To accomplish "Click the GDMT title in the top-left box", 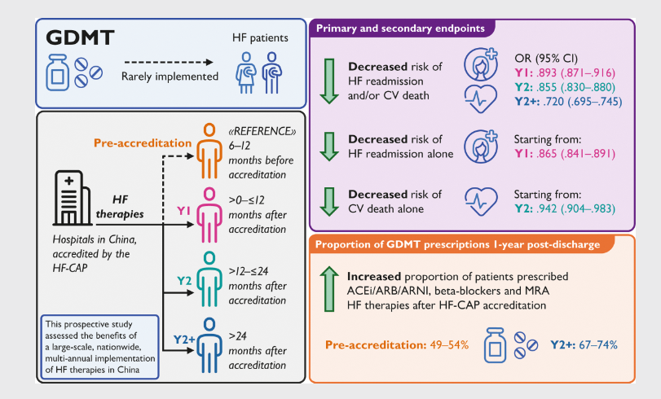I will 79,37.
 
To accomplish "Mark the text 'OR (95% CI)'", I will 545,59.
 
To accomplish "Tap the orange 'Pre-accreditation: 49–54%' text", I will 397,345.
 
